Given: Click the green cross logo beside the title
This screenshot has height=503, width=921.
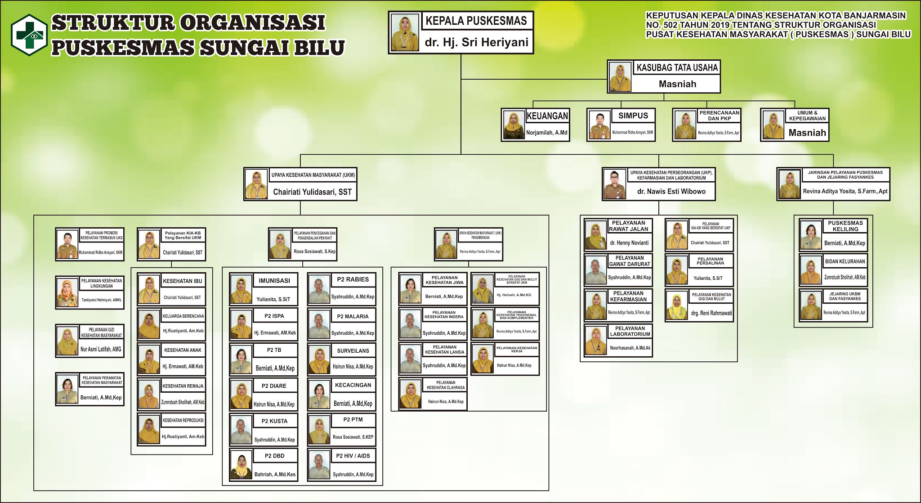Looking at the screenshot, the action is [29, 35].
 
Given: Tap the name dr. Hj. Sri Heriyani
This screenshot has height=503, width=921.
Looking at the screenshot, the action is [476, 42].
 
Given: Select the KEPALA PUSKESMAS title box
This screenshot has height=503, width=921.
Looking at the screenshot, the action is [476, 21].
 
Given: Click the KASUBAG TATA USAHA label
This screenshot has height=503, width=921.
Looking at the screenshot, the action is [677, 68].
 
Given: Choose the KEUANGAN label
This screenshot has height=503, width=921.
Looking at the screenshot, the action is [547, 116].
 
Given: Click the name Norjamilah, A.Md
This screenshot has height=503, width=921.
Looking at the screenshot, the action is [547, 133].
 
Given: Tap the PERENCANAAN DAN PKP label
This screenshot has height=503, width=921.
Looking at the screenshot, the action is [719, 116].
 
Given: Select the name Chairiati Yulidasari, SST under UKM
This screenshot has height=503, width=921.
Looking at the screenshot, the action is [312, 192].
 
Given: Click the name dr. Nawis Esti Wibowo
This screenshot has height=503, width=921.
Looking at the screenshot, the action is [671, 192].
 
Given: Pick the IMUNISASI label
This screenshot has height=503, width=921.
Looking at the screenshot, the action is [274, 281].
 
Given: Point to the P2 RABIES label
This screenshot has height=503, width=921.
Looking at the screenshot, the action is [353, 279].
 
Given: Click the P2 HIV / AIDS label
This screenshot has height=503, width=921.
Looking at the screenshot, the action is [353, 456].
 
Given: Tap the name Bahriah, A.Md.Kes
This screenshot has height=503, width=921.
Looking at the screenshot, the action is [275, 474].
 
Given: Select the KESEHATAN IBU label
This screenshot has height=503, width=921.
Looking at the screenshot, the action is [183, 281].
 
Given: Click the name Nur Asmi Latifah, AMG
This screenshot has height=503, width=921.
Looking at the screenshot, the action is [101, 349].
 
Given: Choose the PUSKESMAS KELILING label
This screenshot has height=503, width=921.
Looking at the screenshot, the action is [845, 226].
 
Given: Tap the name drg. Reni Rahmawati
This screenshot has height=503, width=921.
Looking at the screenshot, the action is [711, 313].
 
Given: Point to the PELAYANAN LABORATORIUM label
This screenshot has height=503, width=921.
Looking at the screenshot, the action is [630, 331].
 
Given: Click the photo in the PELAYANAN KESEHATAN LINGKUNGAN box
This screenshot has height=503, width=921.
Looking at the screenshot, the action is [67, 293].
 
